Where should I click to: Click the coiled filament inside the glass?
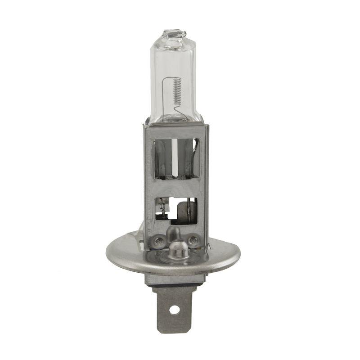pyautogui.click(x=177, y=90)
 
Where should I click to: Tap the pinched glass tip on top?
pyautogui.click(x=174, y=34)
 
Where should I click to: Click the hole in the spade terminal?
pyautogui.click(x=175, y=310)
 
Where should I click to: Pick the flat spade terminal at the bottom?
pyautogui.click(x=175, y=306)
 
